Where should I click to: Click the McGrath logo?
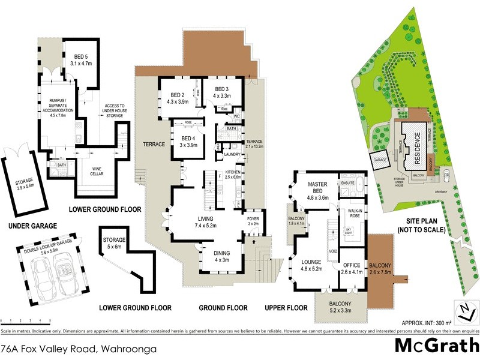tap(436, 346)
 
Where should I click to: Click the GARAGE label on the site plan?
tap(379, 161)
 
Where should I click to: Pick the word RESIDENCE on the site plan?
tap(418, 147)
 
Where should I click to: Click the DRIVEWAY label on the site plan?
tap(446, 192)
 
